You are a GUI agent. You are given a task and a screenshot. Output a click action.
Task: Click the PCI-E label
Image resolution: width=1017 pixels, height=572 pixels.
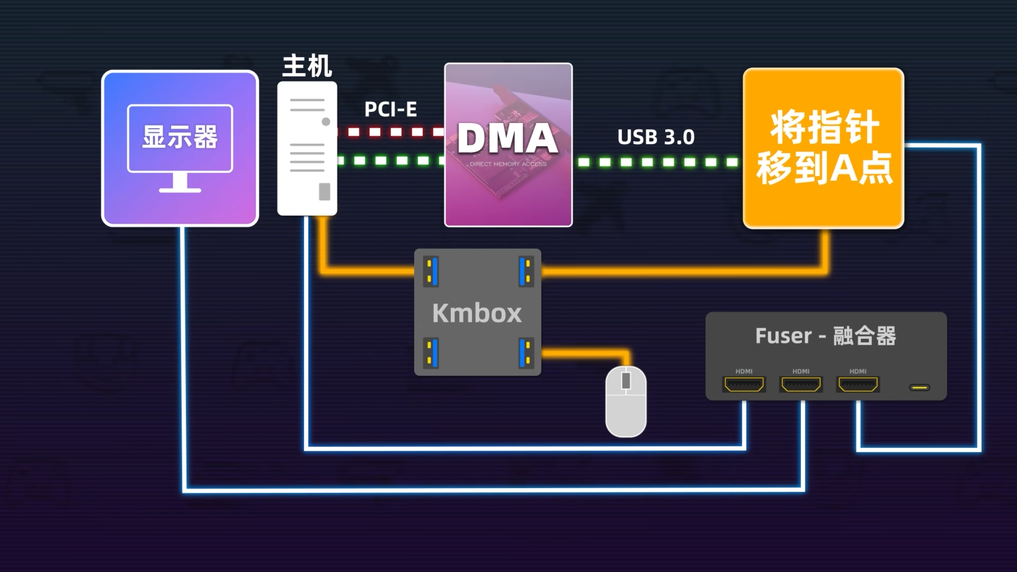(391, 109)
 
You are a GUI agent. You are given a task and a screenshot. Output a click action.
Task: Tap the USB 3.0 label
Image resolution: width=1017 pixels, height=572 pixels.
(656, 137)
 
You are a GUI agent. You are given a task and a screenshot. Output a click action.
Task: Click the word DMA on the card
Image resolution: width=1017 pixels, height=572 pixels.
(508, 138)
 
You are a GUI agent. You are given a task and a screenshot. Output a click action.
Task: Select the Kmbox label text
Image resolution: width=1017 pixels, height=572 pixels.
(477, 313)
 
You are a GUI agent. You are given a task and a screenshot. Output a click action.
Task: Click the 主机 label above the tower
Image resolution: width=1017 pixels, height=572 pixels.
(307, 66)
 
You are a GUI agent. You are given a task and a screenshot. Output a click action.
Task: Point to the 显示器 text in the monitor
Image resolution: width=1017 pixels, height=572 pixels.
(180, 137)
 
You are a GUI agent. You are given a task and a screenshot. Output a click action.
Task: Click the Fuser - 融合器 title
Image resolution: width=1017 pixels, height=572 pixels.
(826, 336)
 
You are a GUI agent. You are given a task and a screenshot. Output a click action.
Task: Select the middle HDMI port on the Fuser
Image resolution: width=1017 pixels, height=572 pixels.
(801, 384)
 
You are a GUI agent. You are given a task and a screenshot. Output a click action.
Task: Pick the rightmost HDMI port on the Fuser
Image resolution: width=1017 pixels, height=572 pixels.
(858, 384)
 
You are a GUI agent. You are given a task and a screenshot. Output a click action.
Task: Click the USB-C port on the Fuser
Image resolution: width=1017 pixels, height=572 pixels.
(919, 388)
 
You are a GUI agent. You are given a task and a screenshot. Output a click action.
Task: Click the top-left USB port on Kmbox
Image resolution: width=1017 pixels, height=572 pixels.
(431, 271)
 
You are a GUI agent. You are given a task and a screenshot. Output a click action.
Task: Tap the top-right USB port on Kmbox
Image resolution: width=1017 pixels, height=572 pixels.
(526, 271)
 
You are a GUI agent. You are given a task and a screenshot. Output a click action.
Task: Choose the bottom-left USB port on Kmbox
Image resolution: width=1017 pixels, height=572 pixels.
(431, 353)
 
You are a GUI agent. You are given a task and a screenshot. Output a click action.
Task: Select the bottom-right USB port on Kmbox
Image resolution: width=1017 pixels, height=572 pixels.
(526, 353)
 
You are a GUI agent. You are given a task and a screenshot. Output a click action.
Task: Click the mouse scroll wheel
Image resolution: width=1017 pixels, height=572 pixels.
(626, 381)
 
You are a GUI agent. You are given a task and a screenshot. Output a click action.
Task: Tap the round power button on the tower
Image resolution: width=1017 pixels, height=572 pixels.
(326, 122)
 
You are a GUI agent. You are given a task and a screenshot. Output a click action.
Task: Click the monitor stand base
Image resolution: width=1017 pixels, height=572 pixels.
(180, 190)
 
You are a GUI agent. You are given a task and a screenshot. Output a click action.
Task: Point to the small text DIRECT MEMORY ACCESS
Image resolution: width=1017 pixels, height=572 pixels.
(508, 164)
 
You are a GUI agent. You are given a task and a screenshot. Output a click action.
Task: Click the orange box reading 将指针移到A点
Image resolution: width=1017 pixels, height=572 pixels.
(823, 148)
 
